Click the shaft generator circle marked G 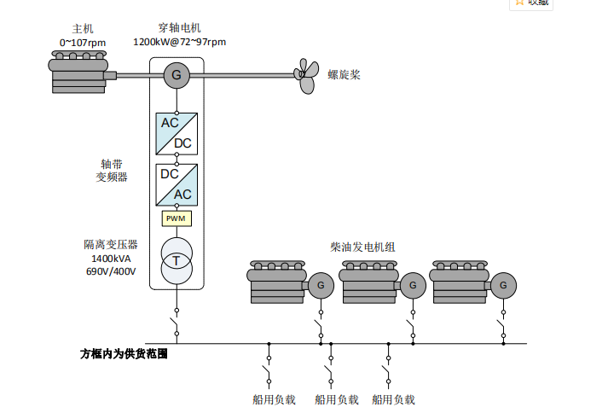coord(177,75)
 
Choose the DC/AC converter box coord(177,184)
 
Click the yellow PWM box coord(177,218)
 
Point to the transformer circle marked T coord(177,260)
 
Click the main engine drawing coord(78,72)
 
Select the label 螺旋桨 coord(345,75)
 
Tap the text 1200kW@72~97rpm coord(179,41)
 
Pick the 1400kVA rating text coord(111,259)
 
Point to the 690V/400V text coord(111,271)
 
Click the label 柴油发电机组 coord(363,247)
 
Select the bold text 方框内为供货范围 coord(124,353)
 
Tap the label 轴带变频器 coord(111,171)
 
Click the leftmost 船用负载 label coord(274,399)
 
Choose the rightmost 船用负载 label coord(393,399)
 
